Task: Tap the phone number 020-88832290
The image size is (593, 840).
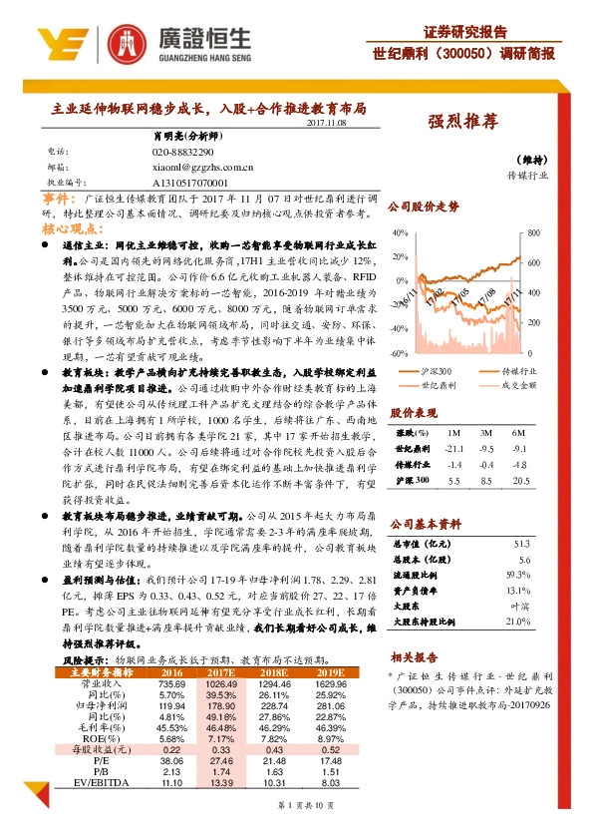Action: click(x=183, y=151)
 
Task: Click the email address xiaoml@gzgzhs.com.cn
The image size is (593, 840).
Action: click(x=203, y=169)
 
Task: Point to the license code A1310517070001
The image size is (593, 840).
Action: click(x=190, y=185)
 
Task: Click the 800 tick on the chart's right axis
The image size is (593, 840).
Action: click(x=533, y=232)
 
